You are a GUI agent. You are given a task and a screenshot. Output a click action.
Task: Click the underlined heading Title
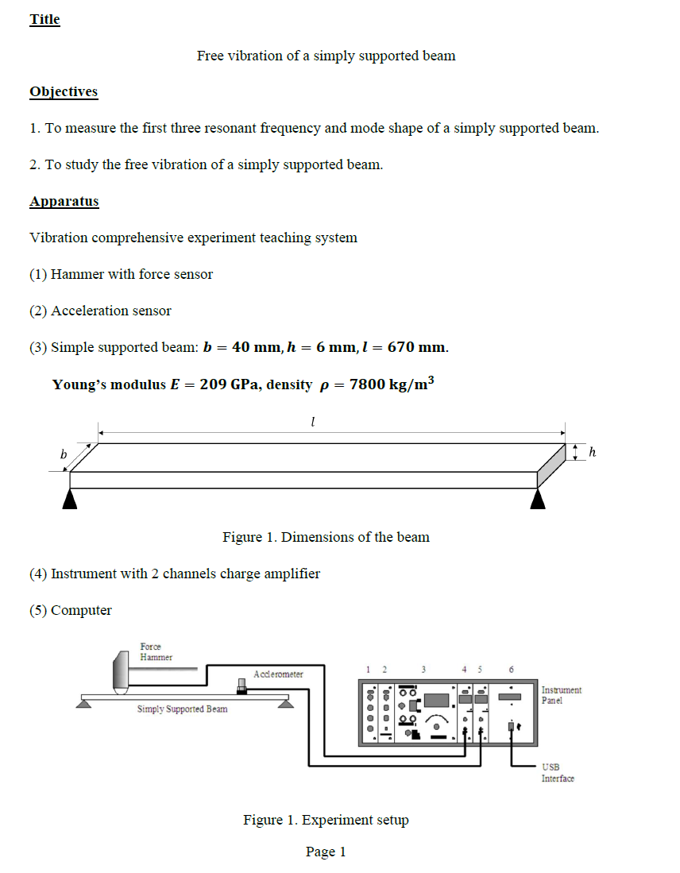pos(44,19)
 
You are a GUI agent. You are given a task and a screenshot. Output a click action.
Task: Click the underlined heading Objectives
pos(64,91)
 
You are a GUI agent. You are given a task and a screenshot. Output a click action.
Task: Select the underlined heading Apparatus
pos(64,201)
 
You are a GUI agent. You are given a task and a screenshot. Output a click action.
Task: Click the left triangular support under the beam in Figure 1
pos(70,498)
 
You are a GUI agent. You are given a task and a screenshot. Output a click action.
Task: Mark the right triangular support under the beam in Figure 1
pos(538,498)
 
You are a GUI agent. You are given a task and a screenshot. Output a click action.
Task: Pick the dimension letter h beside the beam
pos(591,452)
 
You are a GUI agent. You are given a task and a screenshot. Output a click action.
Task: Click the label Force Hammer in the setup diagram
pos(156,651)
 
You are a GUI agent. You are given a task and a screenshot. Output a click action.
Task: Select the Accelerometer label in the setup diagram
pos(278,674)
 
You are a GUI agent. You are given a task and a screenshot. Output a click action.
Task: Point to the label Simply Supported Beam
pos(182,709)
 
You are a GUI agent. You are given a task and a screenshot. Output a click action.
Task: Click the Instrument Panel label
pos(561,695)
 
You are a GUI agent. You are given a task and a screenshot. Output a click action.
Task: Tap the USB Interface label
pos(558,773)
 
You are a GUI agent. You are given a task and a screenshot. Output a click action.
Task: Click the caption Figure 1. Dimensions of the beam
pos(326,537)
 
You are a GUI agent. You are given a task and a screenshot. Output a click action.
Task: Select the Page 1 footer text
pos(326,852)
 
